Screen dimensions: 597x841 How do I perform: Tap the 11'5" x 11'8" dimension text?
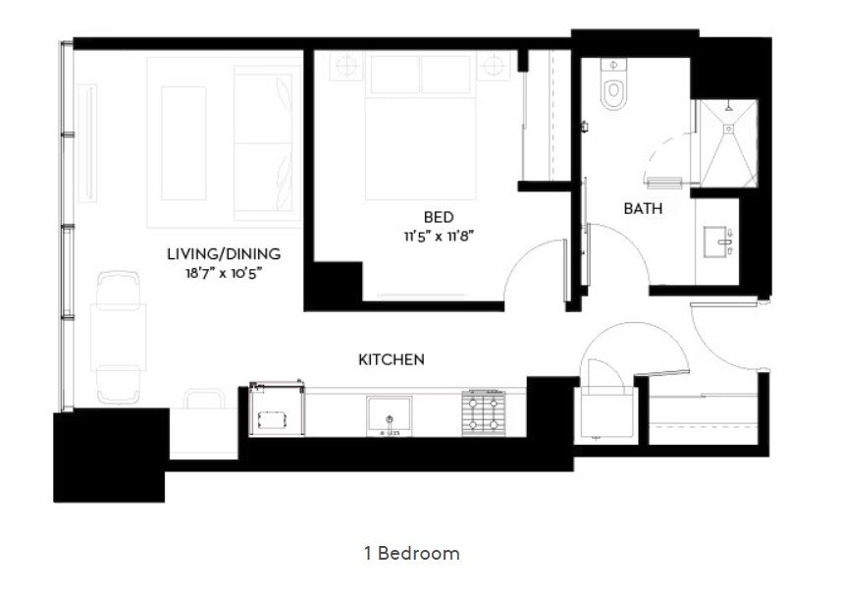(438, 236)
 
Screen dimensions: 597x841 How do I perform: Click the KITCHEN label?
(391, 359)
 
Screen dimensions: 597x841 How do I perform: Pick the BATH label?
(643, 208)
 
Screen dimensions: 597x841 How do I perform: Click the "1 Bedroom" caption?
(410, 553)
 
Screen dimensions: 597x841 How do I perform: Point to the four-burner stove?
(485, 411)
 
